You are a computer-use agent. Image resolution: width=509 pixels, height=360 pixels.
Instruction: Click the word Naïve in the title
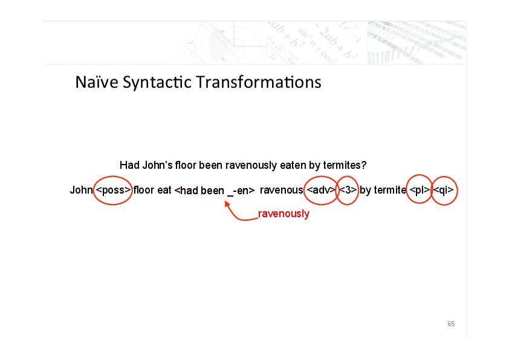97,82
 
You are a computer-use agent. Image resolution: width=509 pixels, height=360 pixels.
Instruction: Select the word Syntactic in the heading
157,83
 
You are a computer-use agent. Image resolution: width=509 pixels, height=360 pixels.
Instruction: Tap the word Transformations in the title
259,82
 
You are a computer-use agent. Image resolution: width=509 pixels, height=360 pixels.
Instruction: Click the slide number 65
451,324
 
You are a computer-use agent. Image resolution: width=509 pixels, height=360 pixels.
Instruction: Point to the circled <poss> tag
113,190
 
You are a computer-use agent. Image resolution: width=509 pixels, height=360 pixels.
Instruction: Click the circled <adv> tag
321,190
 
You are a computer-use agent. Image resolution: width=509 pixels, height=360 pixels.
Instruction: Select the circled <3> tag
348,190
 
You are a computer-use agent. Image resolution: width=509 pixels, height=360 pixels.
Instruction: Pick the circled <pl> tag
420,190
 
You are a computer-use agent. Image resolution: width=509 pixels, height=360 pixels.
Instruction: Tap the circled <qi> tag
444,190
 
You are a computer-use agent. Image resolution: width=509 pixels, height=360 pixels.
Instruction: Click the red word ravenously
284,214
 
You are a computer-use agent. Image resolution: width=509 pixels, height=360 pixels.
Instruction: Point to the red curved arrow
235,216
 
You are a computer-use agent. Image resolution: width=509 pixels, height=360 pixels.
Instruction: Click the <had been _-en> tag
215,191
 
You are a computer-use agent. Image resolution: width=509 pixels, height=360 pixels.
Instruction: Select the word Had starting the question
129,165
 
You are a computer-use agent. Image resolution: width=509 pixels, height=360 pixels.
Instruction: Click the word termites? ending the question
345,165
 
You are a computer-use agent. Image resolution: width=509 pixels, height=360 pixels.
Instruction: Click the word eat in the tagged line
164,190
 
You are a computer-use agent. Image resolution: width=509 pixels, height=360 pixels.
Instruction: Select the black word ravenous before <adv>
282,191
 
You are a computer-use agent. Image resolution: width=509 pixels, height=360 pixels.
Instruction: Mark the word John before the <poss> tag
82,190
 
